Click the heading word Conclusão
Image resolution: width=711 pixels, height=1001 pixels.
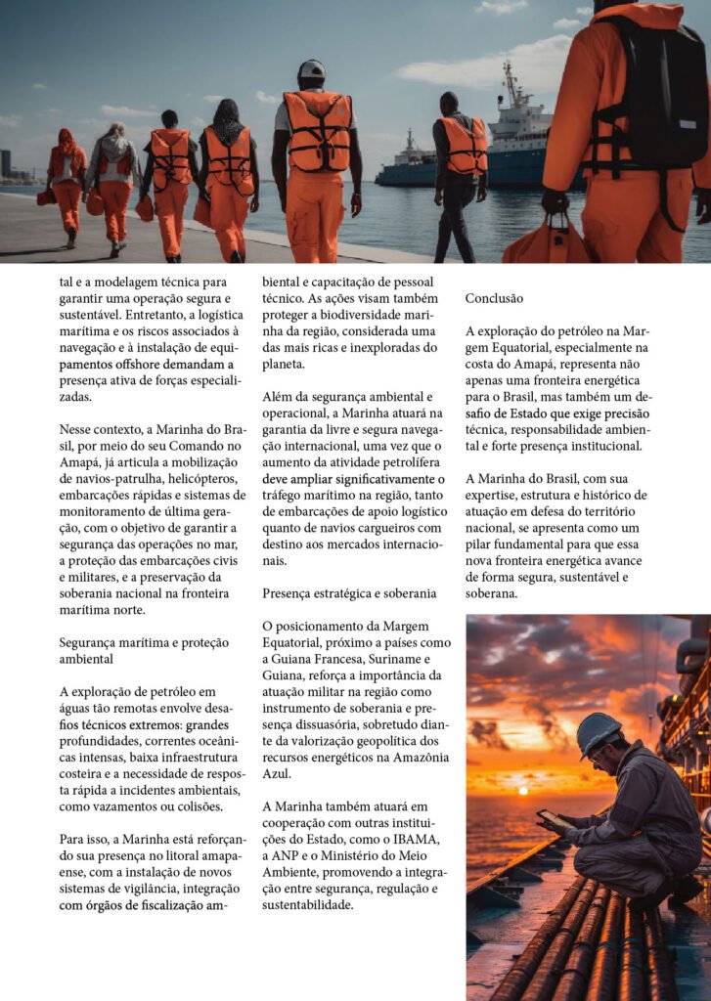[x=494, y=298]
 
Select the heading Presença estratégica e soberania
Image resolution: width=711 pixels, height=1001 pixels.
[x=349, y=593]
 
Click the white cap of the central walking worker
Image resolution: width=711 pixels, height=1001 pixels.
[x=311, y=69]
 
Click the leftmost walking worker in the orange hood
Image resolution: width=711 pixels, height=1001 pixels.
[x=67, y=181]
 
